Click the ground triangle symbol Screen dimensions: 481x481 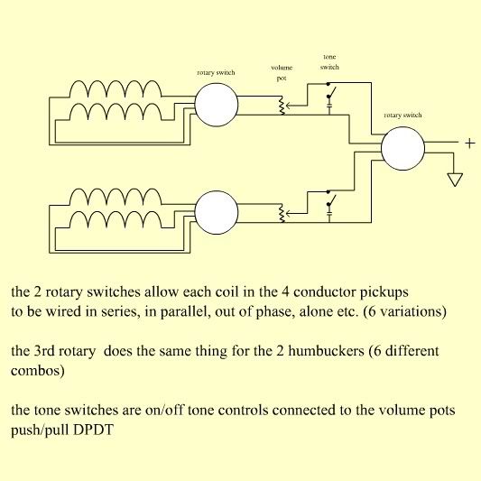click(x=455, y=180)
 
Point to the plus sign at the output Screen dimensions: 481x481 click(x=470, y=143)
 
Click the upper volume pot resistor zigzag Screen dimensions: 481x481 click(x=282, y=106)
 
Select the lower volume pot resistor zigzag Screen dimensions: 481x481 click(x=282, y=213)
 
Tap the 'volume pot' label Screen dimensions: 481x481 click(x=282, y=73)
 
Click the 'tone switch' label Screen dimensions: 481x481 click(x=329, y=62)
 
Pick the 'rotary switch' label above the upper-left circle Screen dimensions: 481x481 click(x=216, y=73)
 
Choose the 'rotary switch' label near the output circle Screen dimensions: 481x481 click(x=402, y=115)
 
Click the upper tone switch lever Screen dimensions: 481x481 click(x=332, y=91)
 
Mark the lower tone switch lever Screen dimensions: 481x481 click(x=332, y=199)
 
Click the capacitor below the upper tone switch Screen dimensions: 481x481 click(x=329, y=106)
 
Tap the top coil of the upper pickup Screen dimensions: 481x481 click(x=116, y=88)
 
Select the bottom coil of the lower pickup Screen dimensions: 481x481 click(x=116, y=219)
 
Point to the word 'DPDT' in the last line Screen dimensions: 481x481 click(x=93, y=430)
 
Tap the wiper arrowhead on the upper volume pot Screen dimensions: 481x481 click(x=289, y=106)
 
